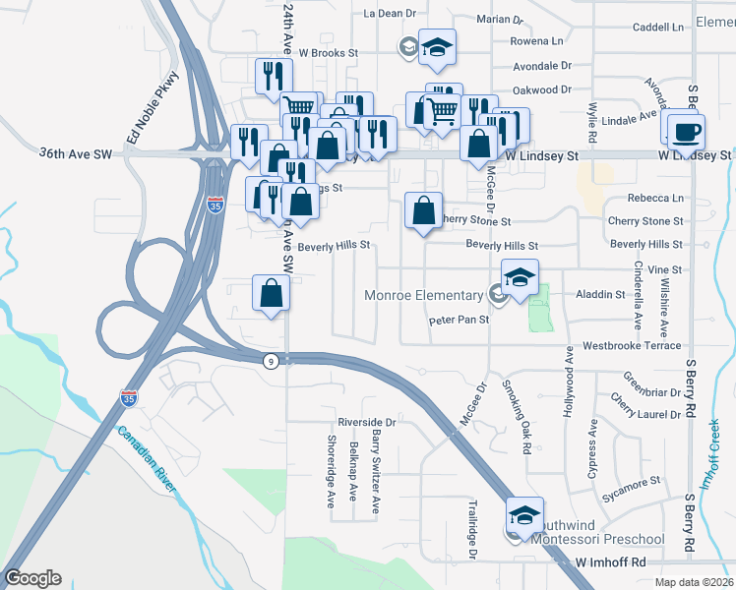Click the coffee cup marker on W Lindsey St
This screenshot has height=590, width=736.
tap(687, 128)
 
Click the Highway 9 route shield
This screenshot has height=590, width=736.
tap(270, 361)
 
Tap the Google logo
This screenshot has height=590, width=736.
tap(32, 577)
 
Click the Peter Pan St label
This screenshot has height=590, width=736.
tap(459, 321)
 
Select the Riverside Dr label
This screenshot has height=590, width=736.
tap(366, 422)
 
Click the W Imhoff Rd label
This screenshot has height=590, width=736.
tap(610, 562)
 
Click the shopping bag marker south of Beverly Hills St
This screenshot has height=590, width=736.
tap(271, 293)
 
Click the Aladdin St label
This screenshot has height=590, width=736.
tap(607, 294)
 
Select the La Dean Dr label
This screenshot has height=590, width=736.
tap(391, 14)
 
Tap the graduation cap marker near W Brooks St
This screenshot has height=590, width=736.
tap(437, 46)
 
